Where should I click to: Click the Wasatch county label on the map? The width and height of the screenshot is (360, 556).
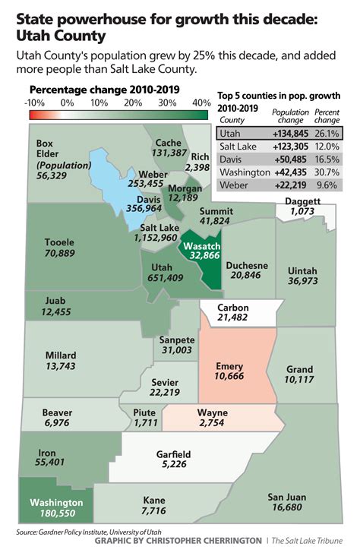point(201,245)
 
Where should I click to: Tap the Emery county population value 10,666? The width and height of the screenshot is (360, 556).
point(229,376)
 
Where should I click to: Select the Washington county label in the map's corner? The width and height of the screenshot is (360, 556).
point(55,503)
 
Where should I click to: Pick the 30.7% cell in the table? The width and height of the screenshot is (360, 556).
point(325,172)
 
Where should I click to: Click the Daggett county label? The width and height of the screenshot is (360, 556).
point(302,200)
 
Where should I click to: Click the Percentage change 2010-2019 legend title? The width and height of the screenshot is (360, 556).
point(103,89)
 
